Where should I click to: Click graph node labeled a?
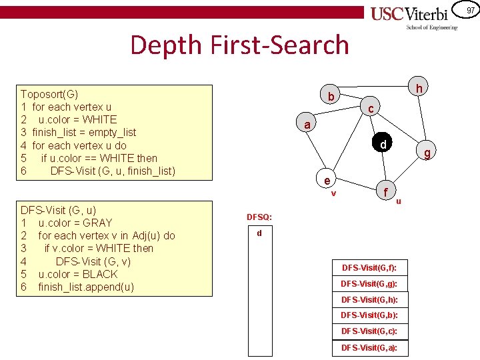[306, 125]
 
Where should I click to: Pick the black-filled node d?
[383, 145]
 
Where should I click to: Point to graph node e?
[327, 181]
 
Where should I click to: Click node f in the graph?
[385, 191]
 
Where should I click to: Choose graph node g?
[427, 154]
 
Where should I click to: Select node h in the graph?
[418, 87]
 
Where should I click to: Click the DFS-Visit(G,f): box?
[369, 268]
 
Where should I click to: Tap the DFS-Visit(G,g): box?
[369, 283]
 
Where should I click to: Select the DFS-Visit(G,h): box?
[369, 299]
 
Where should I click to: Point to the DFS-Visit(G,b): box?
[369, 315]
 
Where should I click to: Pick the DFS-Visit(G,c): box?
[369, 331]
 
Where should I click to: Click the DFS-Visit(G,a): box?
[369, 347]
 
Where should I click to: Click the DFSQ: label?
[259, 217]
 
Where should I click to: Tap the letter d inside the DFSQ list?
[259, 233]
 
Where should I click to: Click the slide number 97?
[470, 10]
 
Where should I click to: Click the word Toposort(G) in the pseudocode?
[49, 94]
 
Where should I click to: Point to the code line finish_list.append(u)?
[86, 287]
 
